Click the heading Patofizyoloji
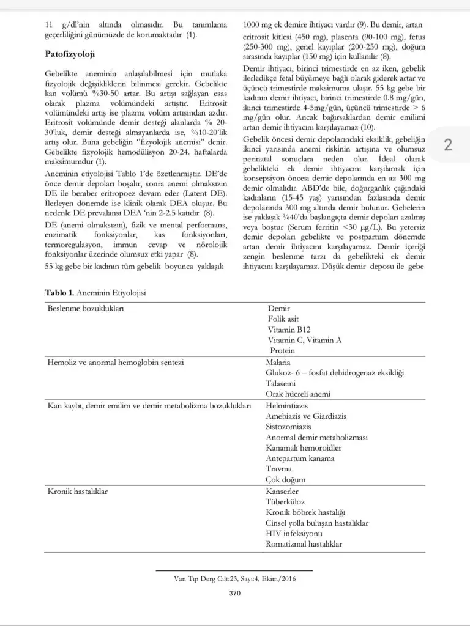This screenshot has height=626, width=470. click(70, 54)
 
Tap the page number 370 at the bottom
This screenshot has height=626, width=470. click(234, 593)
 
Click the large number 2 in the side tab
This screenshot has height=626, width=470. click(448, 145)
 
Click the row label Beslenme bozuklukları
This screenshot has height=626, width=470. click(86, 309)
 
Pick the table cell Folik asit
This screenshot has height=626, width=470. click(283, 319)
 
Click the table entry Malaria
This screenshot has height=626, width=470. click(278, 362)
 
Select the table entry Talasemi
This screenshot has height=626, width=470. click(280, 383)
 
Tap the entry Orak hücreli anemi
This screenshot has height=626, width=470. click(298, 394)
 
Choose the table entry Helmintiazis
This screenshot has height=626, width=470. click(286, 405)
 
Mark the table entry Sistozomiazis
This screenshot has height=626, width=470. click(289, 427)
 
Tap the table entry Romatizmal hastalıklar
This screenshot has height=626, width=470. click(304, 543)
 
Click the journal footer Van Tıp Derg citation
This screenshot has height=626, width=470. click(234, 578)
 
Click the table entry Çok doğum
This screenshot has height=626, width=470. click(285, 480)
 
